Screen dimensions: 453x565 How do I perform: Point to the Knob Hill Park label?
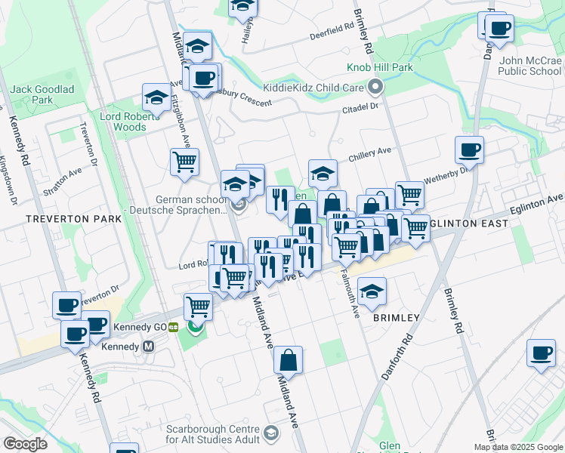(379, 68)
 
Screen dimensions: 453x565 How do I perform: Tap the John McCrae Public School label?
(529, 66)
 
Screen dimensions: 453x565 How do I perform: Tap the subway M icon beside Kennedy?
(148, 347)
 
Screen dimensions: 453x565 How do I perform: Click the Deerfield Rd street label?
(332, 32)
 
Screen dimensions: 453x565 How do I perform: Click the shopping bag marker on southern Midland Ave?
(289, 360)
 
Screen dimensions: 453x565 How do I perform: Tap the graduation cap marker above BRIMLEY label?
(372, 291)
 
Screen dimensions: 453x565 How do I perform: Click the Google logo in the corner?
(25, 443)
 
